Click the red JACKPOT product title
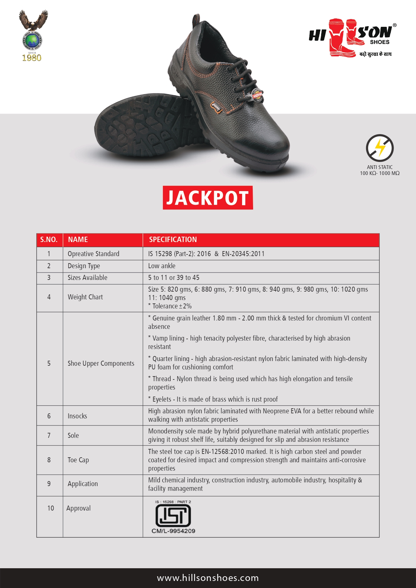(208, 198)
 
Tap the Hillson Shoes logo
(352, 38)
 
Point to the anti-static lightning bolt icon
(379, 148)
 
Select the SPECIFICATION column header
(173, 240)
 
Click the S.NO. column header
(49, 240)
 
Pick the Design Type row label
(84, 266)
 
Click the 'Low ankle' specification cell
(162, 266)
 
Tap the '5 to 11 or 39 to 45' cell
(174, 278)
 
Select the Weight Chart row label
(85, 297)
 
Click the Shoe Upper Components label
(101, 363)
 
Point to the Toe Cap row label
(78, 460)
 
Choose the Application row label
(83, 484)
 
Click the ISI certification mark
(173, 515)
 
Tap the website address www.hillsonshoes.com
(208, 578)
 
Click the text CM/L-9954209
(173, 531)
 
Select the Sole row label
(73, 435)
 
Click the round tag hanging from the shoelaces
(257, 96)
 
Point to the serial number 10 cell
(51, 508)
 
